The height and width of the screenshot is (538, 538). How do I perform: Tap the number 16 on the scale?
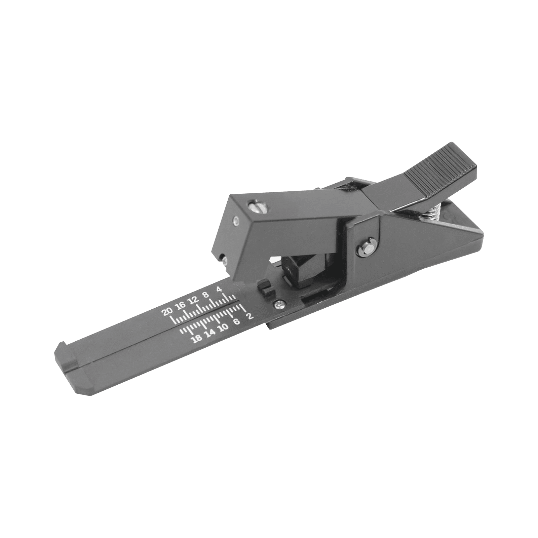click(x=181, y=305)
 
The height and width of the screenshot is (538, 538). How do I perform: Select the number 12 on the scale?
click(x=194, y=300)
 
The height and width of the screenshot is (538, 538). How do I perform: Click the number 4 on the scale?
click(x=219, y=290)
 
